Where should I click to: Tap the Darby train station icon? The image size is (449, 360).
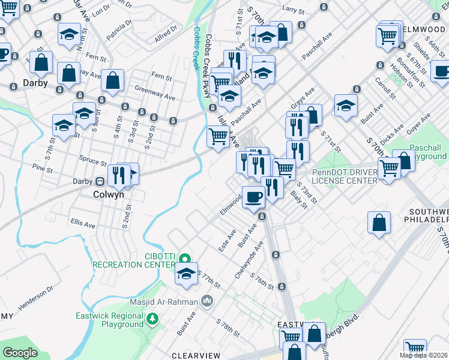tap(100, 181)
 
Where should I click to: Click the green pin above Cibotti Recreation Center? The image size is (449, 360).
tap(185, 259)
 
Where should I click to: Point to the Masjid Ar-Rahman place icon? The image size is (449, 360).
tap(207, 299)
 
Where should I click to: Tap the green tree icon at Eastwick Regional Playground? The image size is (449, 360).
tap(152, 318)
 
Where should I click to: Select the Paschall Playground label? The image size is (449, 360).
tap(427, 152)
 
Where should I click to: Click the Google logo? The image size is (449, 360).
tap(20, 352)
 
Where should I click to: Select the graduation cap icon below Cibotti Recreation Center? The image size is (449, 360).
tap(186, 274)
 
